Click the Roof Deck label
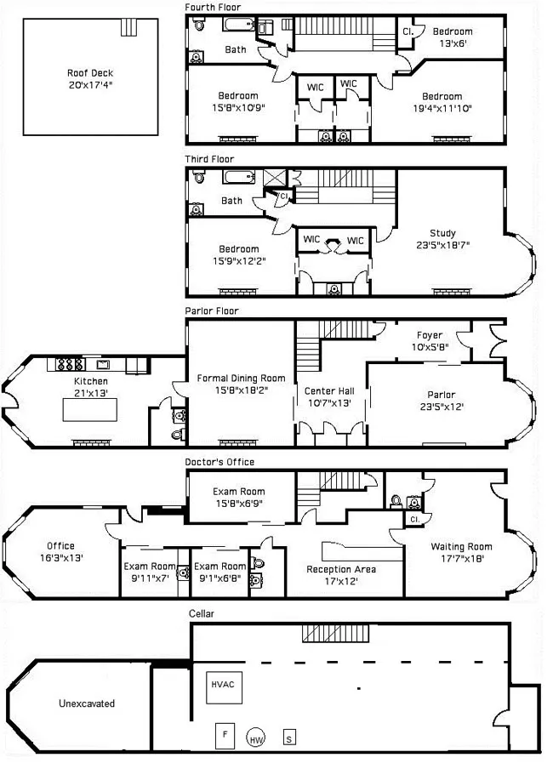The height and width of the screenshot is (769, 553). [90, 73]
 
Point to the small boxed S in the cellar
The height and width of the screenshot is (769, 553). [290, 738]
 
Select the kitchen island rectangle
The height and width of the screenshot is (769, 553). [91, 410]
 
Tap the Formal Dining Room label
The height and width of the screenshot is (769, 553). [241, 378]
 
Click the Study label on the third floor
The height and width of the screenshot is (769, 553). [442, 233]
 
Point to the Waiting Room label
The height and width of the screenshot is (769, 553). [461, 546]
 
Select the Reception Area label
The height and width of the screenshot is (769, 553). [341, 569]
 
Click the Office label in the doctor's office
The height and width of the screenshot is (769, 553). [60, 546]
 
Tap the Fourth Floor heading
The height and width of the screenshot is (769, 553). [213, 7]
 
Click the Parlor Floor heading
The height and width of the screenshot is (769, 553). [212, 311]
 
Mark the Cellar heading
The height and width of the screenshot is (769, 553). [202, 612]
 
